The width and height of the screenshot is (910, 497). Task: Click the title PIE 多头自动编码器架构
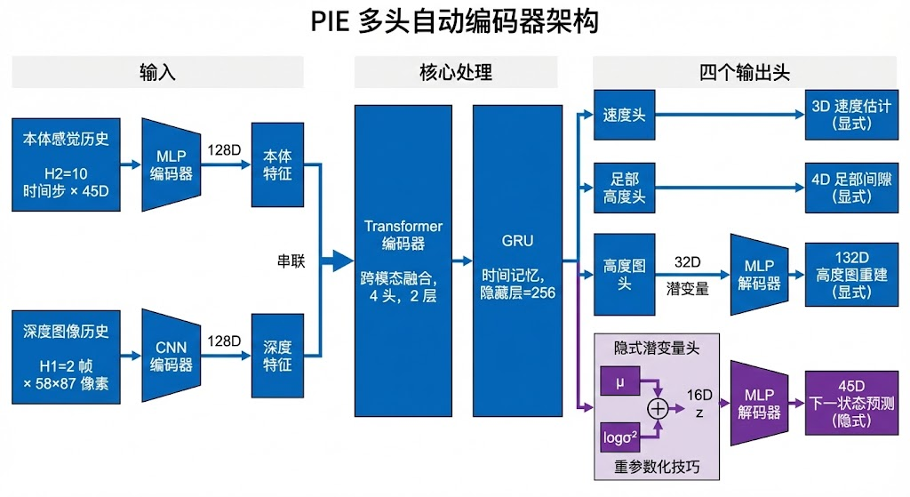coord(454,21)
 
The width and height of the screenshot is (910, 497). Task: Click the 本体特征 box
coord(277,164)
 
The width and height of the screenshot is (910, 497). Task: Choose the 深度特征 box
coord(277,356)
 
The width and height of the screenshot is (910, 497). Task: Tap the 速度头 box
coord(624,115)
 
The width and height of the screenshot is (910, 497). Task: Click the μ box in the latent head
coord(619,382)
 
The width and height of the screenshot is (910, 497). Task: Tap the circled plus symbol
coord(658,408)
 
